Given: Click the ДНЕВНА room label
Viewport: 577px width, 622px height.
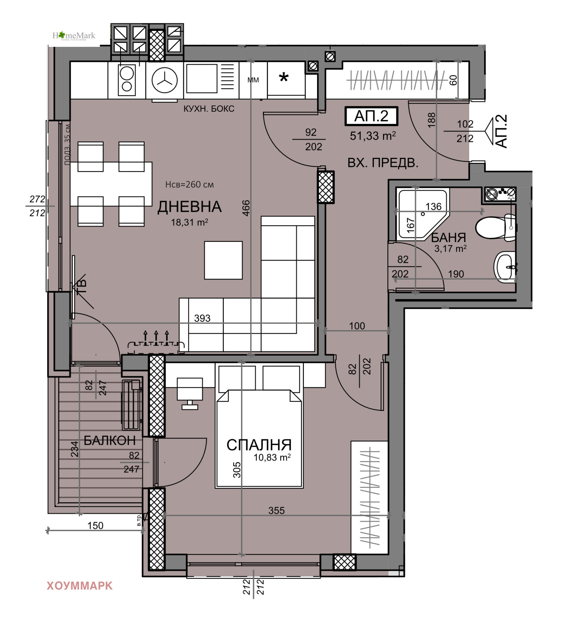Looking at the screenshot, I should click(x=189, y=207).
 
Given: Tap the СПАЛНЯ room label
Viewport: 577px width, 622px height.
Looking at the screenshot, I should click(x=259, y=445).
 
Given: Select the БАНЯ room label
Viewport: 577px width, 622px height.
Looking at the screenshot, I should click(x=448, y=237).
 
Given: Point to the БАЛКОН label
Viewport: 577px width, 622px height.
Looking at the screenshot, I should click(x=109, y=440).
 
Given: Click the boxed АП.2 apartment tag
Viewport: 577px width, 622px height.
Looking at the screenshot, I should click(x=371, y=116).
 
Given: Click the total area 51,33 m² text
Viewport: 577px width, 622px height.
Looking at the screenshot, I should click(x=373, y=136).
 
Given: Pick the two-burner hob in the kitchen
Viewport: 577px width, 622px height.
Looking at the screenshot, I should click(x=127, y=80).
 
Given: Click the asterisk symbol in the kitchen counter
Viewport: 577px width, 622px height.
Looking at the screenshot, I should click(x=284, y=77).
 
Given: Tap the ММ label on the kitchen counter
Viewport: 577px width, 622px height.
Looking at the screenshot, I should click(x=253, y=80).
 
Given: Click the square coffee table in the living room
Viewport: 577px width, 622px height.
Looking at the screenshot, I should click(x=223, y=260).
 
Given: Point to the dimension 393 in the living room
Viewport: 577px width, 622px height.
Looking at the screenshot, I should click(x=202, y=318).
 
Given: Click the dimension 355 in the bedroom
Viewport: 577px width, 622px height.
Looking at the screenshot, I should click(x=276, y=510).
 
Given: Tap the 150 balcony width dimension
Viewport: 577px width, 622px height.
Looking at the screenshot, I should click(x=95, y=525).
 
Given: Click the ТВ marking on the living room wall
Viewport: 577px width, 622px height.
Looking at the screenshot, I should click(x=82, y=286).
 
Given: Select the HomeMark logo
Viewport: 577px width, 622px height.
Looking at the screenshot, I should click(x=74, y=36).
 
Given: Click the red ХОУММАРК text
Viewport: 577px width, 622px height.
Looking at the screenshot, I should click(x=80, y=586).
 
